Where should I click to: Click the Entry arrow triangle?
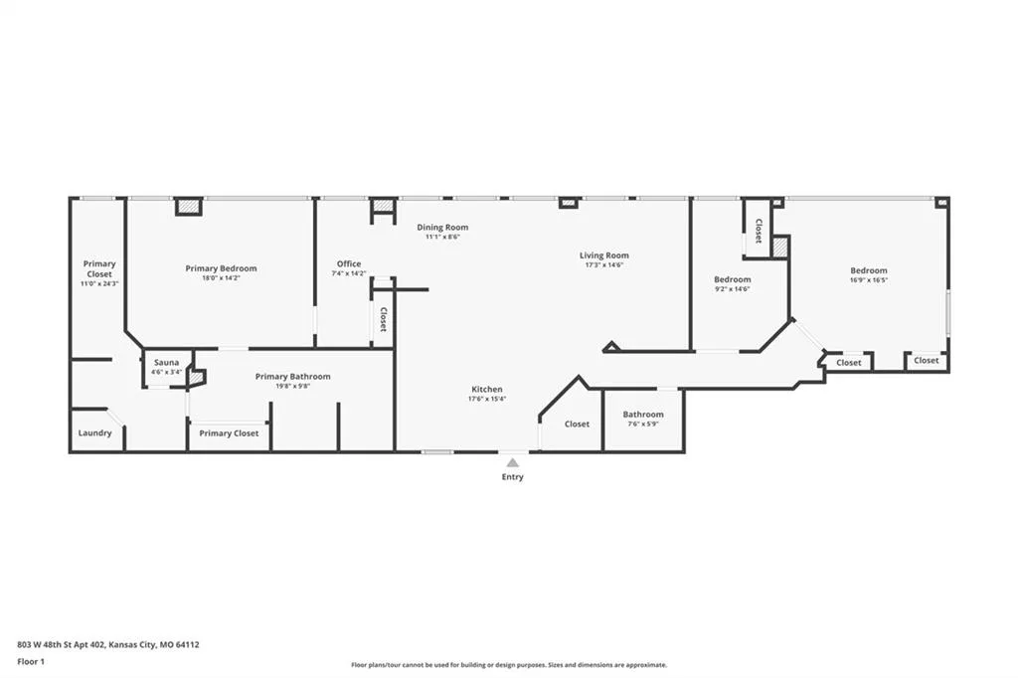coord(513,463)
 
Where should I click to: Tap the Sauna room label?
coord(167,363)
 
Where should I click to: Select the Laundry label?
coord(94,433)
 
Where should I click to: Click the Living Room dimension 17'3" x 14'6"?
coord(604,265)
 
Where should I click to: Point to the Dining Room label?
coord(442,228)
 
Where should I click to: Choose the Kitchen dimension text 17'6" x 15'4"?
coord(487,399)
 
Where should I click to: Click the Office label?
coord(349,263)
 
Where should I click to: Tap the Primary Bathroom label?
coord(293,377)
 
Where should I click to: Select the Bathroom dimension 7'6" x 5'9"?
coord(643,424)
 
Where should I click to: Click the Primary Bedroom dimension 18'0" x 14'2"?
coord(221,278)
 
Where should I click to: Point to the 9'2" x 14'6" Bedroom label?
coord(733,279)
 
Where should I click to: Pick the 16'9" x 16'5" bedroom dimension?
coord(869,280)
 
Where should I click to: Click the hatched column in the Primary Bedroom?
coord(188,207)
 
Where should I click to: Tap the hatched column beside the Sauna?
coord(196,378)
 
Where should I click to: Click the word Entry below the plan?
coord(512,476)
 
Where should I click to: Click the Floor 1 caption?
coord(31,662)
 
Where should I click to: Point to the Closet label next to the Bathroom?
coord(578,424)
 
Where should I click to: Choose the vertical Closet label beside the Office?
coord(383,319)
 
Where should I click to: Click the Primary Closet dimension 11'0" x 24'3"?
coord(99,283)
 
